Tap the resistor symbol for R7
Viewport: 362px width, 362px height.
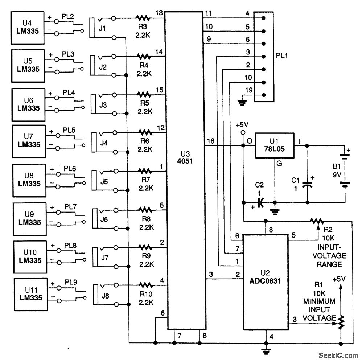[146, 170]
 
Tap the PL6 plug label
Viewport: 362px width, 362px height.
[70, 169]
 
